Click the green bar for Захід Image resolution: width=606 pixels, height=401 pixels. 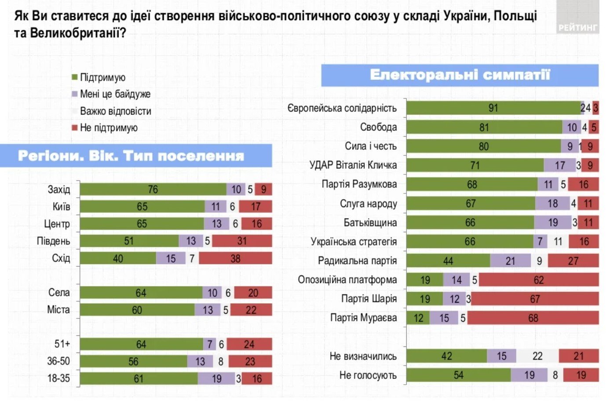pyautogui.click(x=153, y=189)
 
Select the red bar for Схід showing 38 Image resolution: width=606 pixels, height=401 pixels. pyautogui.click(x=235, y=259)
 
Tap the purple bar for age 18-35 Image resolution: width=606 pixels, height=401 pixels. pyautogui.click(x=216, y=379)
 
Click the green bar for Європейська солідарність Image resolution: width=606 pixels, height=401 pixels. pyautogui.click(x=493, y=108)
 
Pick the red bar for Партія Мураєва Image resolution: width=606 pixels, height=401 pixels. pyautogui.click(x=533, y=318)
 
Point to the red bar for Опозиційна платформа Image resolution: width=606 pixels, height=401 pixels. pyautogui.click(x=538, y=280)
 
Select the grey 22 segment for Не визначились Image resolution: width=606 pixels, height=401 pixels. pyautogui.click(x=537, y=356)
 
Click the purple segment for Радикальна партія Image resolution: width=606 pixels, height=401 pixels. pyautogui.click(x=510, y=261)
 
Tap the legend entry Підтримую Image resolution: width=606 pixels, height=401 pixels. pyautogui.click(x=102, y=78)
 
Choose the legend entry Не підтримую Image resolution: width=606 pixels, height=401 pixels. pyautogui.click(x=108, y=128)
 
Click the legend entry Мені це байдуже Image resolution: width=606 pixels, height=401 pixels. pyautogui.click(x=114, y=94)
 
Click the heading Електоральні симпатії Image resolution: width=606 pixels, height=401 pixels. pyautogui.click(x=460, y=75)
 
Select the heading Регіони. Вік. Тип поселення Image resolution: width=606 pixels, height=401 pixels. pyautogui.click(x=131, y=156)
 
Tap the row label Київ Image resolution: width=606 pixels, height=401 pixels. pyautogui.click(x=61, y=207)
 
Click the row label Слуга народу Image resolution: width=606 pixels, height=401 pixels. pyautogui.click(x=368, y=204)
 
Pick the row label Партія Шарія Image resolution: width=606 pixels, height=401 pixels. pyautogui.click(x=369, y=299)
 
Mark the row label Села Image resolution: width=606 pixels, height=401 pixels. pyautogui.click(x=59, y=293)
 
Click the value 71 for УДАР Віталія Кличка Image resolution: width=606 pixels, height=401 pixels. pyautogui.click(x=475, y=165)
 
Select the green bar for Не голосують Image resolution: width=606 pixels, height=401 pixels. pyautogui.click(x=458, y=375)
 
